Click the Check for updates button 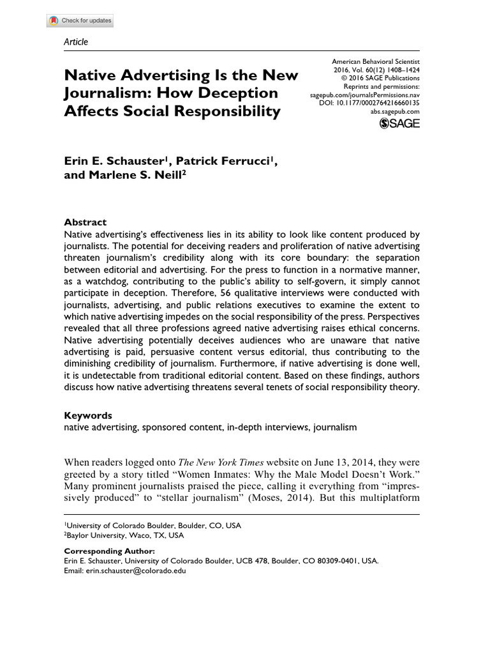tap(80, 20)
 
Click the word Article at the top tap(76, 42)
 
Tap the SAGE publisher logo tap(399, 123)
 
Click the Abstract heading tap(85, 222)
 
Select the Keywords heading tap(88, 414)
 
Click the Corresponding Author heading tap(109, 551)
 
